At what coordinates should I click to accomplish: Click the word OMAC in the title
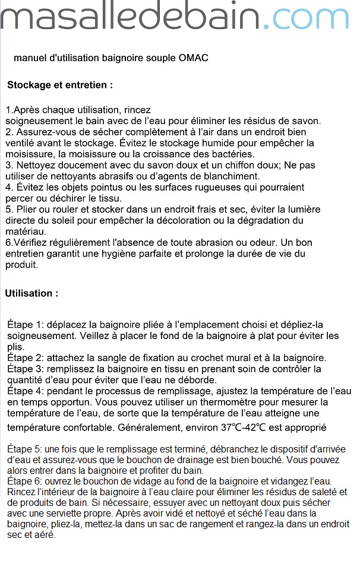(194, 58)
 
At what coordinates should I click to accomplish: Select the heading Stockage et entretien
(60, 85)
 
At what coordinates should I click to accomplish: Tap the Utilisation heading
(32, 293)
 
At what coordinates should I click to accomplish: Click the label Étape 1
(26, 325)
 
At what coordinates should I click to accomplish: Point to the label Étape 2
(26, 358)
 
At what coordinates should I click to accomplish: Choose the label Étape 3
(26, 369)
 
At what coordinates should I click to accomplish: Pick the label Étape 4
(26, 391)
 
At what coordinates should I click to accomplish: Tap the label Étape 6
(26, 480)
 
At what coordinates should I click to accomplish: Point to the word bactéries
(204, 154)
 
